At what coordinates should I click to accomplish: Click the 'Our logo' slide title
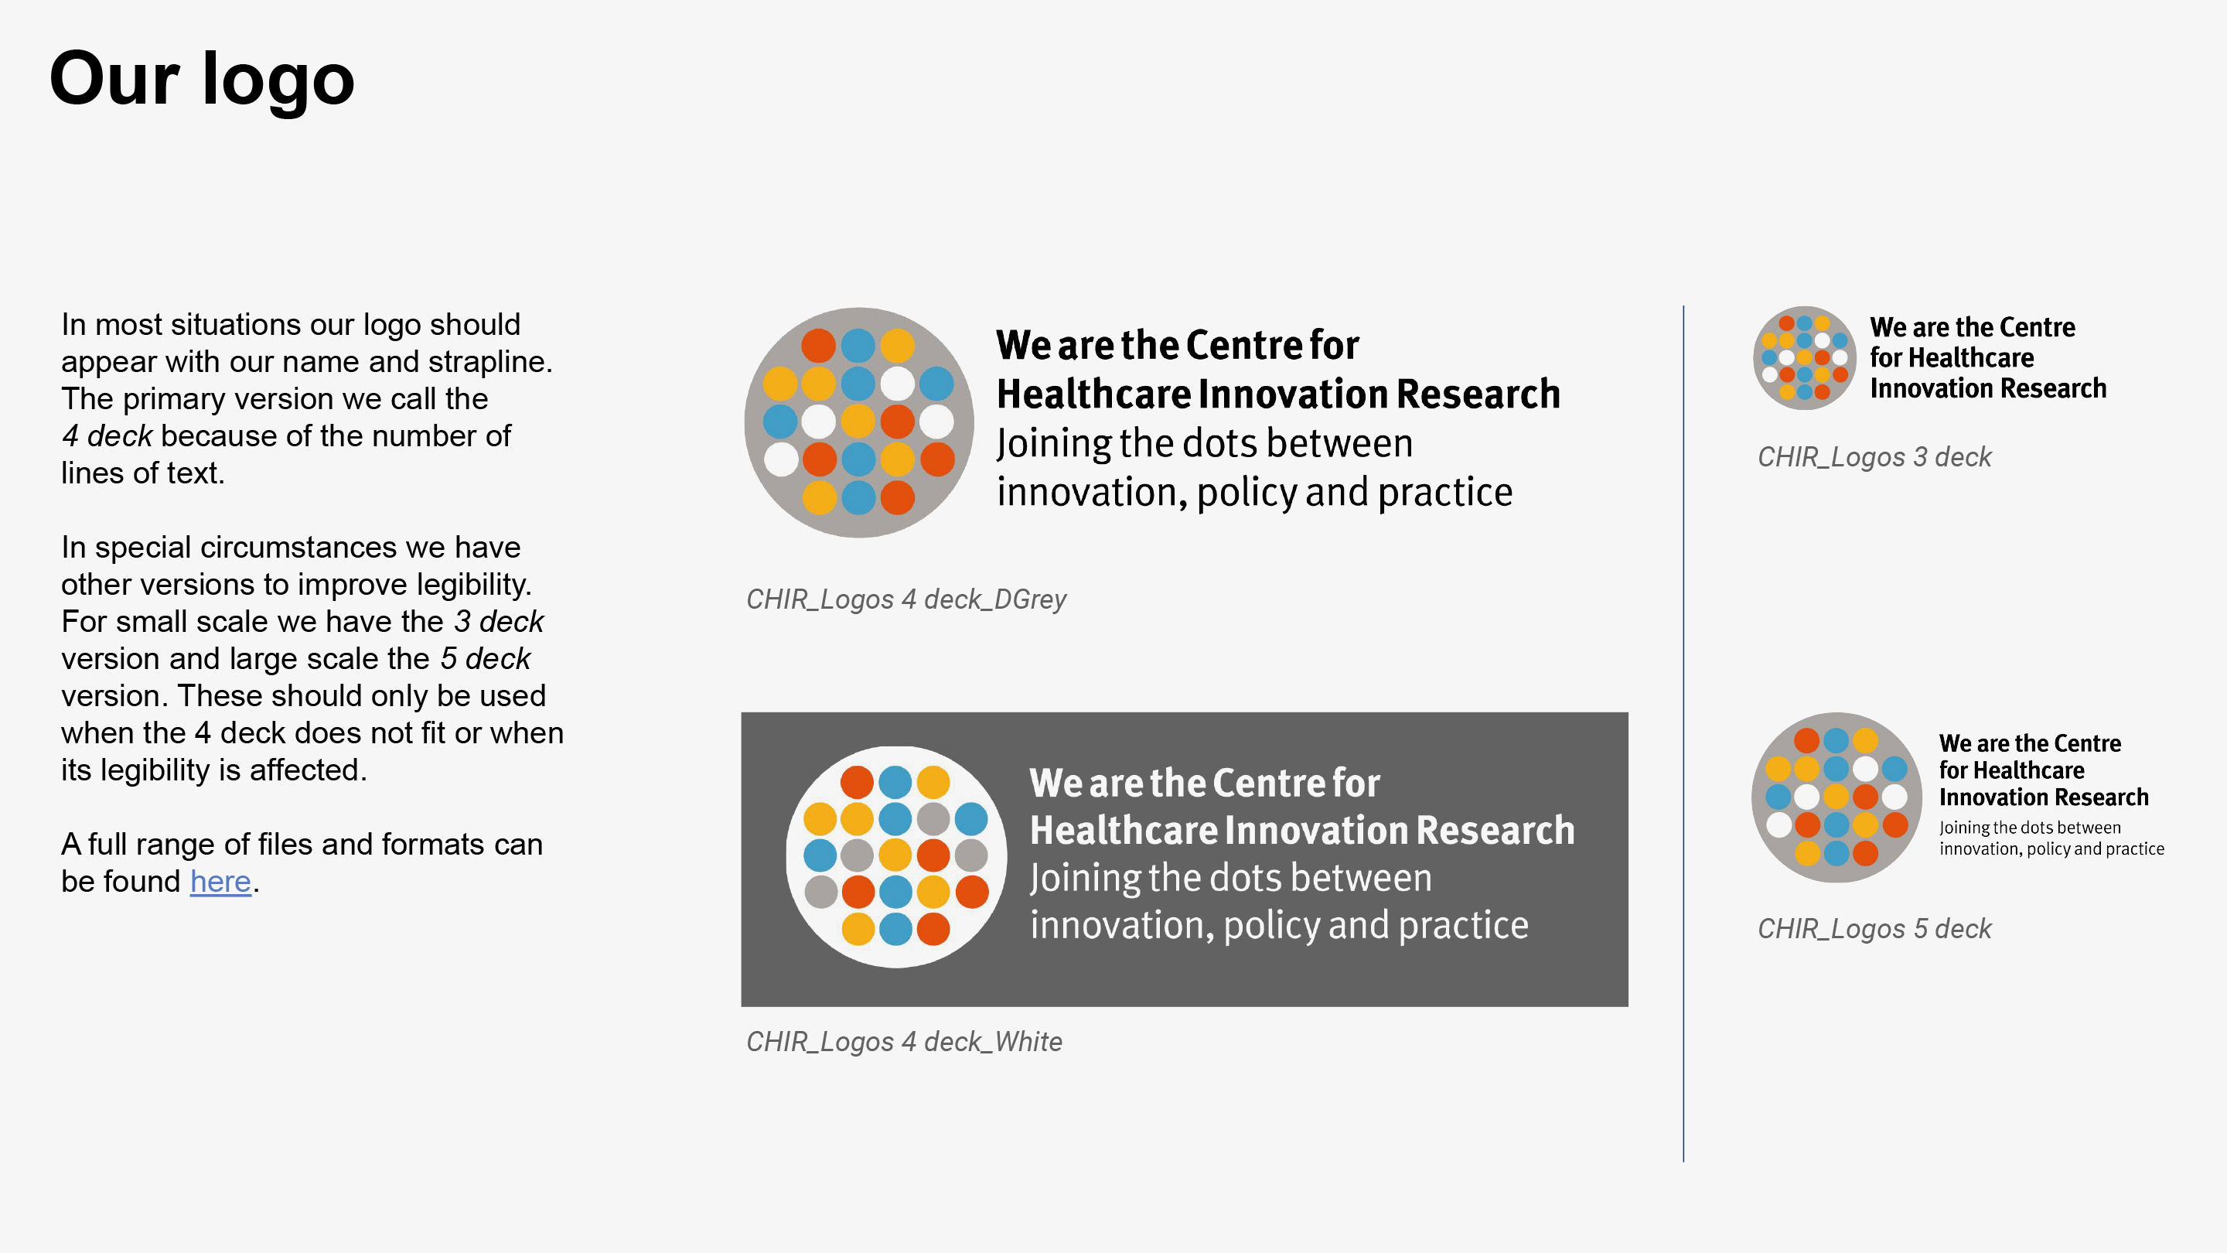(201, 79)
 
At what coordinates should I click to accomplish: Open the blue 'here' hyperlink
(220, 881)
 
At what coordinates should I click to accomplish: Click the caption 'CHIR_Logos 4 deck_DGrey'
(906, 599)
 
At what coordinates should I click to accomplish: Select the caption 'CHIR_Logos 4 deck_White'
(904, 1042)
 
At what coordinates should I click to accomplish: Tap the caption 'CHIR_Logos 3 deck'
(1874, 456)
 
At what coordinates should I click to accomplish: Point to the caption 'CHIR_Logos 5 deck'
(1874, 929)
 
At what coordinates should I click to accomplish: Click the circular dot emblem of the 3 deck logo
(1804, 358)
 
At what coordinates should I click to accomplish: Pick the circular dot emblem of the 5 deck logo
(1837, 797)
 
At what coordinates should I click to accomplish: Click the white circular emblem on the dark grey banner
(896, 856)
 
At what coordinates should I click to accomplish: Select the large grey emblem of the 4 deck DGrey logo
(858, 422)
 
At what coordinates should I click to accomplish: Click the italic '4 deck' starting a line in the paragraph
(107, 435)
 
